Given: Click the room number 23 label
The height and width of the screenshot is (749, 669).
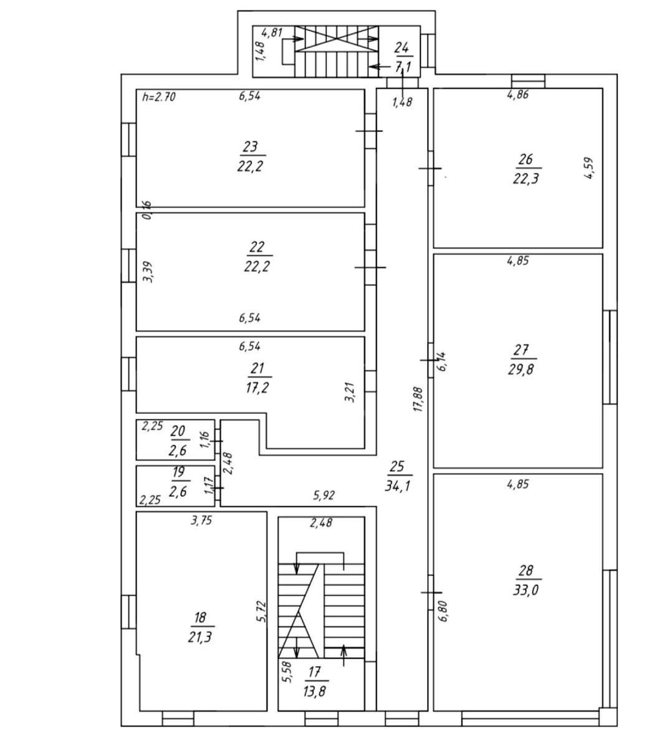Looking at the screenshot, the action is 251,147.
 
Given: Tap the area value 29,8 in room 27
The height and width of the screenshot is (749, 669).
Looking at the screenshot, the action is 521,370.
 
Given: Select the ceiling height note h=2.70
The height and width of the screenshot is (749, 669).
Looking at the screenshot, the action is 159,97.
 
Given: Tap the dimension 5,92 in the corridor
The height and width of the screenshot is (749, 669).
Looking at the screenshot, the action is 324,496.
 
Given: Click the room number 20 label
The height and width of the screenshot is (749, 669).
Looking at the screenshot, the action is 178,431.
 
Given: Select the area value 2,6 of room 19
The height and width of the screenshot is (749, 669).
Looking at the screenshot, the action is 178,491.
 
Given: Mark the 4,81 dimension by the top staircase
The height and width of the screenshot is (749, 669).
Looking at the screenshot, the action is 272,32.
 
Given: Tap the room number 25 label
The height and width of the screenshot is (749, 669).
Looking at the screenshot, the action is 397,466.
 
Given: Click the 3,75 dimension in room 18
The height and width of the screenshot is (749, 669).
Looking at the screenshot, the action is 201,521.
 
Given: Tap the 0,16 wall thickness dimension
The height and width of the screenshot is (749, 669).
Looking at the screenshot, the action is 147,210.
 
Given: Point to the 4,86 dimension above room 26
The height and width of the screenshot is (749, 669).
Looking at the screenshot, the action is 518,95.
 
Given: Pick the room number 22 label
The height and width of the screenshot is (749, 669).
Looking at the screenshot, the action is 257,247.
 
